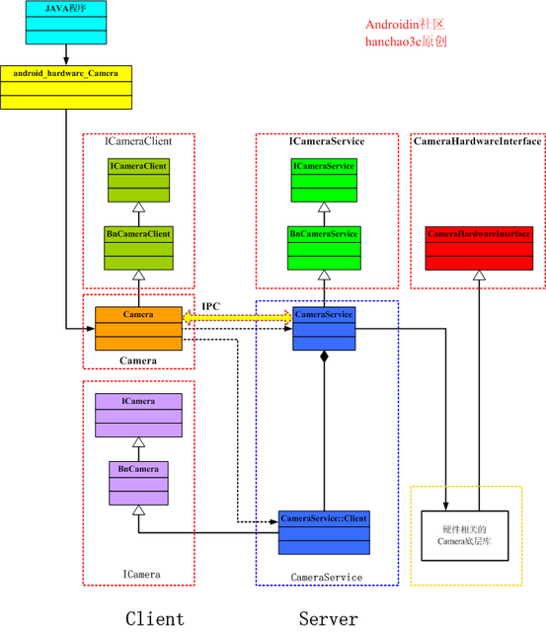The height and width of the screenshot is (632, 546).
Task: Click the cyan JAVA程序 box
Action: (x=64, y=24)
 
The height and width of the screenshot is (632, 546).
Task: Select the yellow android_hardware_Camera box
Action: (x=65, y=87)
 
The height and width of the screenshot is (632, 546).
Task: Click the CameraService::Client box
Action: (x=324, y=532)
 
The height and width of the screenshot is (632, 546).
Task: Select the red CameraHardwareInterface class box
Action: (x=478, y=248)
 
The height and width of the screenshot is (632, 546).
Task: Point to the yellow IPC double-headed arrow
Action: (x=238, y=317)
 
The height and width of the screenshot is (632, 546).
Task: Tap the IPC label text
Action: (x=211, y=306)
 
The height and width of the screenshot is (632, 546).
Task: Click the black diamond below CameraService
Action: (x=324, y=358)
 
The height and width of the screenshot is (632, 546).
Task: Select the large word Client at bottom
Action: (x=154, y=618)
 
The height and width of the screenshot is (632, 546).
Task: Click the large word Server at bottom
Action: (x=328, y=618)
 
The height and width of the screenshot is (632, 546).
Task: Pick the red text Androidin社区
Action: (x=404, y=25)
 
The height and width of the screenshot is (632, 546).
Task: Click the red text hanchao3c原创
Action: (x=406, y=43)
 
